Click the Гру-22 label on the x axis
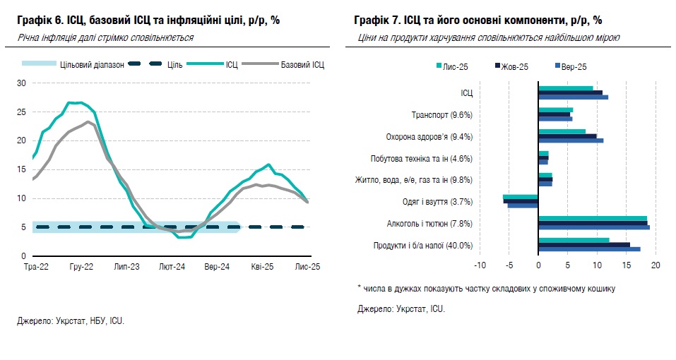(x=82, y=267)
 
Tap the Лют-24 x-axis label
(x=172, y=267)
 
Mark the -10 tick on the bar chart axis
(x=480, y=266)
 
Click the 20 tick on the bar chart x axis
(x=655, y=266)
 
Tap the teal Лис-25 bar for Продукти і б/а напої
(x=574, y=240)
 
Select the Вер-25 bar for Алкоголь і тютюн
(x=593, y=227)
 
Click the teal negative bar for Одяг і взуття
(x=520, y=197)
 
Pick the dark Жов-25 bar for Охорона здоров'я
(x=567, y=136)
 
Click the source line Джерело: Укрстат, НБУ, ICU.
(x=71, y=320)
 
